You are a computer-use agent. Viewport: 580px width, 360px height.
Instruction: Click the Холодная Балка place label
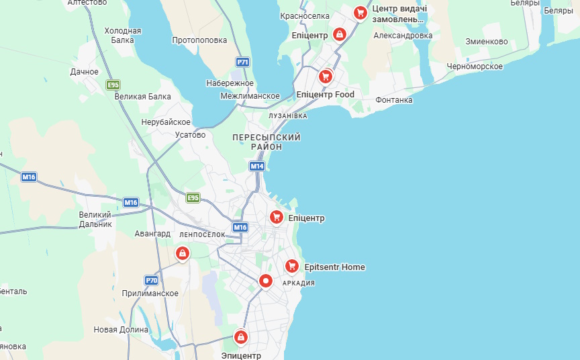pyautogui.click(x=123, y=35)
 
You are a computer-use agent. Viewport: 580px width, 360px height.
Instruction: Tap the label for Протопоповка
pyautogui.click(x=199, y=40)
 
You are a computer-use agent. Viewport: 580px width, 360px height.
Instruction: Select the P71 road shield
pyautogui.click(x=243, y=62)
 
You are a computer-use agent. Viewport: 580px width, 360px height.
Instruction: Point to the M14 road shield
pyautogui.click(x=256, y=166)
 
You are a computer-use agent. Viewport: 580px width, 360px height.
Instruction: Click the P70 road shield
pyautogui.click(x=151, y=280)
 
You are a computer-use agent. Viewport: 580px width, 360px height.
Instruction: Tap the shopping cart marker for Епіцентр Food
pyautogui.click(x=326, y=77)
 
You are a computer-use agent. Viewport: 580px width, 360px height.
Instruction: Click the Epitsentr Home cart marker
pyautogui.click(x=291, y=267)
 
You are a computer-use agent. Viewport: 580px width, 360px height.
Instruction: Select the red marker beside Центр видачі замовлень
pyautogui.click(x=360, y=12)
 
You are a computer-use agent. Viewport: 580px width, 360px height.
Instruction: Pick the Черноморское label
pyautogui.click(x=475, y=66)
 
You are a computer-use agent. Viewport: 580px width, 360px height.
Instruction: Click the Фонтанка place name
pyautogui.click(x=394, y=100)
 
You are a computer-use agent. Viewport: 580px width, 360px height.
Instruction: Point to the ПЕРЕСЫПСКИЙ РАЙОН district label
pyautogui.click(x=267, y=142)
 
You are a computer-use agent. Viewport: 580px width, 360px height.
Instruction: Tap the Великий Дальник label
pyautogui.click(x=95, y=219)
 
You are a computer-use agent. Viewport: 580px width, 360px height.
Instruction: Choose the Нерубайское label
pyautogui.click(x=166, y=122)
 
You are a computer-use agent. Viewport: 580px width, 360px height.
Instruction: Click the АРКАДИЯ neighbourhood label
pyautogui.click(x=299, y=283)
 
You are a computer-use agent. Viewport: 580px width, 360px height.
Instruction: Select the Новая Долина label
pyautogui.click(x=121, y=330)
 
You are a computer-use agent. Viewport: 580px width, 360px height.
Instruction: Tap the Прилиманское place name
pyautogui.click(x=150, y=294)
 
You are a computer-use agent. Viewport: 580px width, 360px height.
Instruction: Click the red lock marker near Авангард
pyautogui.click(x=181, y=253)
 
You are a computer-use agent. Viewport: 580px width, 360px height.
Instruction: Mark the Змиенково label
pyautogui.click(x=487, y=42)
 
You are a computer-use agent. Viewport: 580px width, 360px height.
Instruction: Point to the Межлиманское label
pyautogui.click(x=250, y=96)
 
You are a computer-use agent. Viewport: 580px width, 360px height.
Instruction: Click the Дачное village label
pyautogui.click(x=85, y=72)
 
